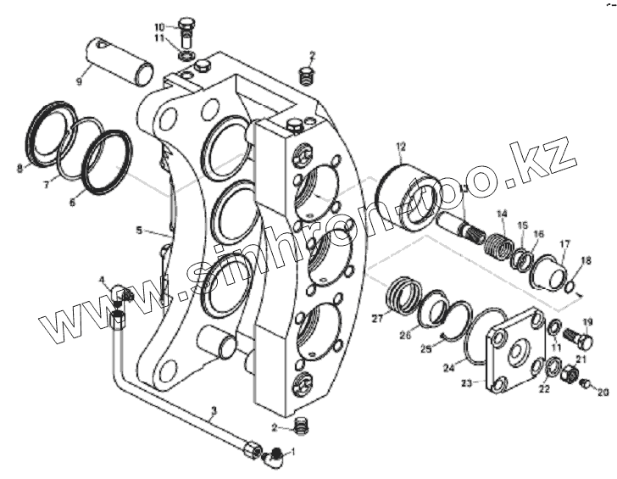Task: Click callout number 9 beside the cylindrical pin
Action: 79,82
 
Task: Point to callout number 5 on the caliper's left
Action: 139,230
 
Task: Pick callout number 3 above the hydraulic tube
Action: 214,411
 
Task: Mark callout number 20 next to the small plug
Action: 603,393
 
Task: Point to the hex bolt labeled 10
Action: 187,26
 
